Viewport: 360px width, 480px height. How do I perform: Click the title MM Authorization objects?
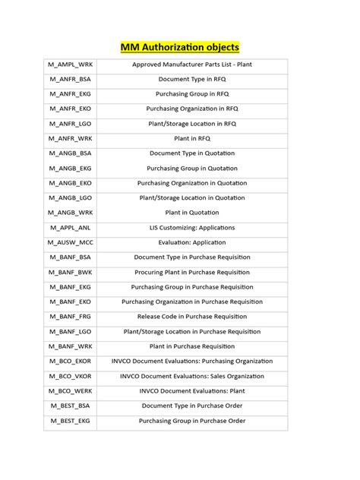[x=180, y=48]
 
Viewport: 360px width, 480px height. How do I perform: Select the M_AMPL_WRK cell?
[x=71, y=65]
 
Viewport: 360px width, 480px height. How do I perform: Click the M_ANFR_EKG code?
[x=71, y=94]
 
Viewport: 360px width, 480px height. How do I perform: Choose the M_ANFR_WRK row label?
[x=71, y=138]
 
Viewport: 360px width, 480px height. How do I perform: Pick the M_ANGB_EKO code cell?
[x=71, y=183]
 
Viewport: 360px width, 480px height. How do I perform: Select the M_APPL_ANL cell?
[x=71, y=227]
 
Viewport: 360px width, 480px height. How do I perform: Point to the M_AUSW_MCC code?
[x=71, y=242]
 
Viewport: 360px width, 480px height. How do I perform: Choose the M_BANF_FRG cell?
[x=71, y=316]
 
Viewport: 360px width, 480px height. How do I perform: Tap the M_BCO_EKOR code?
[x=71, y=361]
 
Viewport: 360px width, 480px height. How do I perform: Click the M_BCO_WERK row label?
[x=71, y=390]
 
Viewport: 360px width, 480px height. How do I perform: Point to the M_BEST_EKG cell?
[x=71, y=420]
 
